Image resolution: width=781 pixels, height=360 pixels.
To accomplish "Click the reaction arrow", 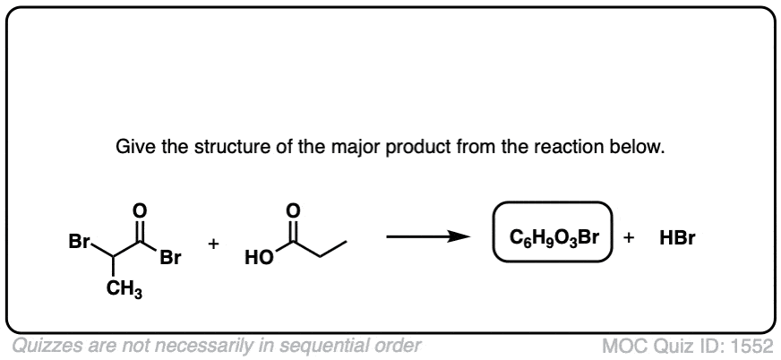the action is (x=428, y=236).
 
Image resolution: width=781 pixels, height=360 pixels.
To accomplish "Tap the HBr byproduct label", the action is (x=677, y=238).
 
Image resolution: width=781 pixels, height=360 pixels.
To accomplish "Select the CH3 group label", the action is (x=124, y=291).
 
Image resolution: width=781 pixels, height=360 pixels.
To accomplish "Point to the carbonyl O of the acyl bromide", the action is (x=141, y=210).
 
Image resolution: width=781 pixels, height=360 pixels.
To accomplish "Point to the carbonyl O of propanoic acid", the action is (x=295, y=210).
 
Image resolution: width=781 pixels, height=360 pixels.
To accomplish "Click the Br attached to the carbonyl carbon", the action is (x=170, y=259).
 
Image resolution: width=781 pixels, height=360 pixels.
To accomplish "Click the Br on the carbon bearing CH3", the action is (x=79, y=242).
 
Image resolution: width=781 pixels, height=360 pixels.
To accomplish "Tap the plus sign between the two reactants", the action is (x=214, y=244).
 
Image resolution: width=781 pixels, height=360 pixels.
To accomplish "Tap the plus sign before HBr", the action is (x=629, y=238).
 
